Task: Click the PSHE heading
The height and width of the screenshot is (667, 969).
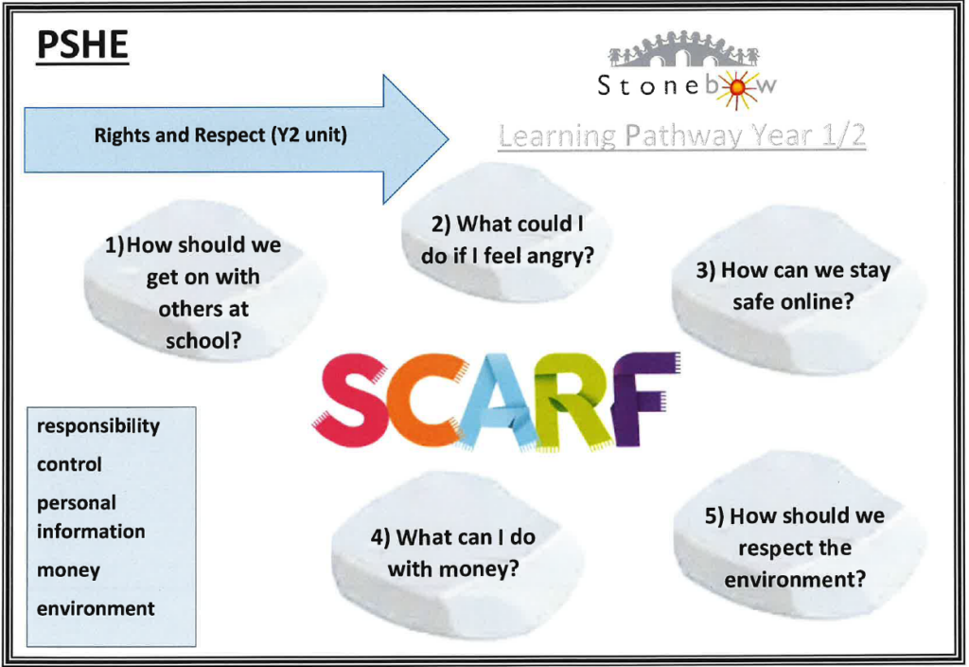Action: (83, 45)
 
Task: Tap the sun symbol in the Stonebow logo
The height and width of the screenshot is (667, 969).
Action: (736, 89)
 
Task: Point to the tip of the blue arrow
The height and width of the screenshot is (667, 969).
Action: (448, 139)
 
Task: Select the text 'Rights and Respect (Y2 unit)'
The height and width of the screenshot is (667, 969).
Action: (220, 135)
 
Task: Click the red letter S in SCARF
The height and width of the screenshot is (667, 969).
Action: (352, 397)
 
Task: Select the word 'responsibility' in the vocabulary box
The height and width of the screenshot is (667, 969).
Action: (98, 426)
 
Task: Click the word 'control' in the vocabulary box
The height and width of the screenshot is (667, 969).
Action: (69, 464)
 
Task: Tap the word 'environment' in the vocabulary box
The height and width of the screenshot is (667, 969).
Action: (96, 609)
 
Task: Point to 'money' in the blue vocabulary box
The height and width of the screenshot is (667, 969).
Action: (68, 570)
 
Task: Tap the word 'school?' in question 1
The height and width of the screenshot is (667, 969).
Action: (203, 341)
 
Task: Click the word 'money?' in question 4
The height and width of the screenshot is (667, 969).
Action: (484, 569)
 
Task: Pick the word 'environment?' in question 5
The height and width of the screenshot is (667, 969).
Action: (795, 580)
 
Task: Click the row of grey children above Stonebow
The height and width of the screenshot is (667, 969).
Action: (683, 48)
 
